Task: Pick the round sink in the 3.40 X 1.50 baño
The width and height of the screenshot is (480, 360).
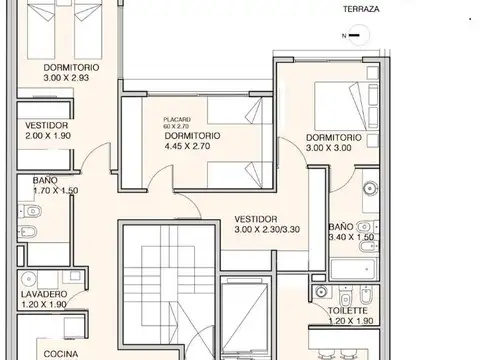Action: (x=367, y=186)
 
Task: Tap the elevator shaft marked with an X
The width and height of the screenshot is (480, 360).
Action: (x=244, y=320)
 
